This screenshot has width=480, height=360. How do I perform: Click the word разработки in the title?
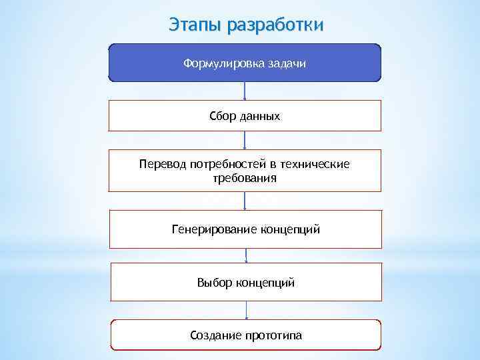coord(275,25)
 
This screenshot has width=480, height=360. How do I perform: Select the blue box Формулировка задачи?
coord(245,63)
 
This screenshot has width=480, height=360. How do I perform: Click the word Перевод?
coord(162,164)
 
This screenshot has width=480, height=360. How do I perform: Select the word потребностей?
coord(229,164)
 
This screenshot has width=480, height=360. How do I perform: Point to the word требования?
coord(245,179)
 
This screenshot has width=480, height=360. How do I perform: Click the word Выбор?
coord(215,283)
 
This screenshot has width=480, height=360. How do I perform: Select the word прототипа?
coord(273,335)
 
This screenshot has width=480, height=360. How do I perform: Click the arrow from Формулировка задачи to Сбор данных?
coord(245,91)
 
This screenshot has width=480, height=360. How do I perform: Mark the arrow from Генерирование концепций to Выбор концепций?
coord(246,255)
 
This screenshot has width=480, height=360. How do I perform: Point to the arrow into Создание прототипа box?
coord(247,309)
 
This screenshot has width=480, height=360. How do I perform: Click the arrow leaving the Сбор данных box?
coord(245,140)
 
